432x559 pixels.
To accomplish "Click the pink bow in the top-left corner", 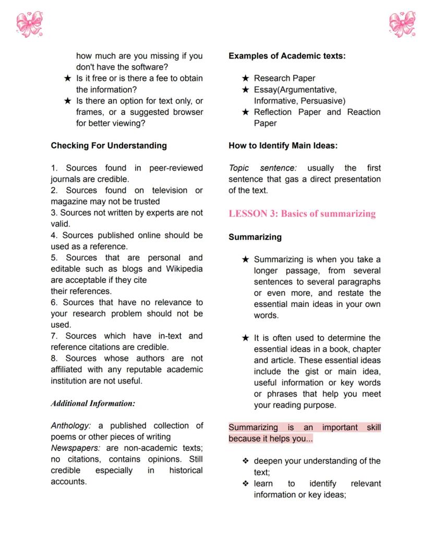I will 30,25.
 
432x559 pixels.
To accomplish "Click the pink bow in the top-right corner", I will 402,25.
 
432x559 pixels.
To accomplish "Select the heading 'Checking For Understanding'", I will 109,146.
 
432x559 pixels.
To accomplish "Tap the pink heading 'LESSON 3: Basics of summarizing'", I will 302,213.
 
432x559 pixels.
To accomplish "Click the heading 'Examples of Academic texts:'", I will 287,56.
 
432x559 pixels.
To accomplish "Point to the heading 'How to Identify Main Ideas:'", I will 283,146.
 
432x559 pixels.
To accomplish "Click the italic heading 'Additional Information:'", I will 93,403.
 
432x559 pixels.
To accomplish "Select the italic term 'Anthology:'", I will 70,426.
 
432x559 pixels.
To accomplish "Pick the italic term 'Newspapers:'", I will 75,448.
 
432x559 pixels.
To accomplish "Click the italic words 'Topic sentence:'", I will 262,168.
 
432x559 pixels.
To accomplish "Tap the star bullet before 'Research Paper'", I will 245,78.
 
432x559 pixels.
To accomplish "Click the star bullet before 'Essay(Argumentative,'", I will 245,90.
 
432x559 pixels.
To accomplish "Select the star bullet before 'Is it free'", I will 67,78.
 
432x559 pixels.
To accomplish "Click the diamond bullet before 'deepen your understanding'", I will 245,461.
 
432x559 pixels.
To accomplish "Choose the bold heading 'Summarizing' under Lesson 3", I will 255,237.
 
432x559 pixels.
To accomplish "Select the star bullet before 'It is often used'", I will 245,338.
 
